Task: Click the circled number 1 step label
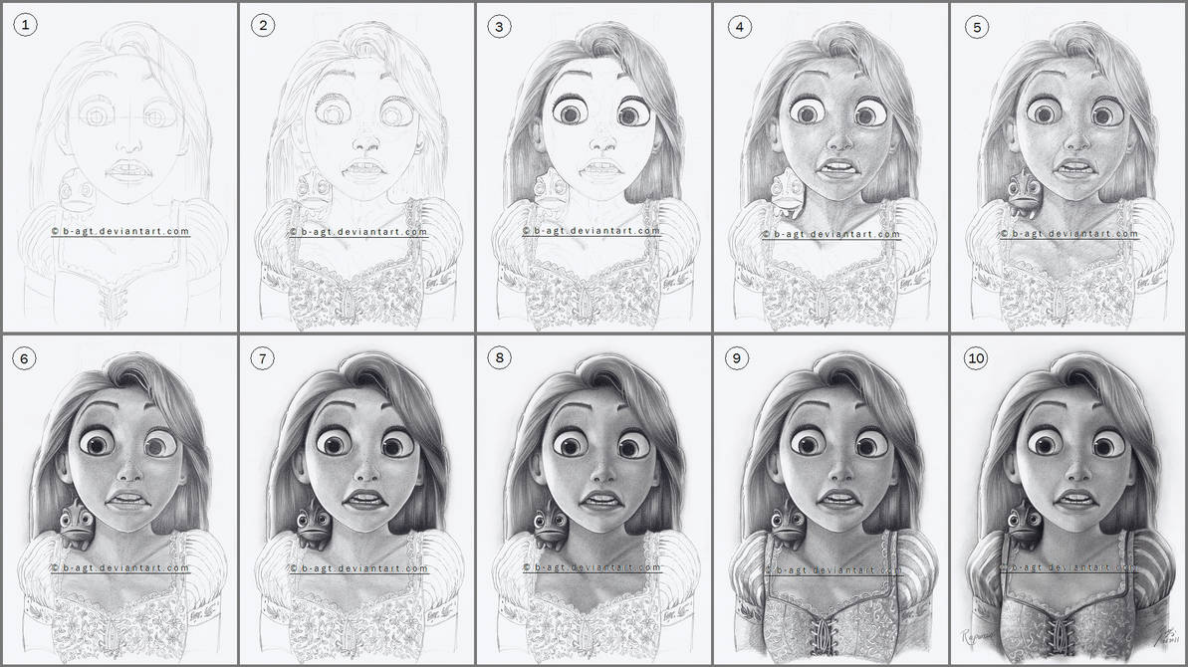click(x=25, y=26)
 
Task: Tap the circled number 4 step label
click(x=738, y=26)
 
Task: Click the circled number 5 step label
click(x=976, y=26)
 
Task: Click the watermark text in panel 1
click(x=119, y=231)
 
